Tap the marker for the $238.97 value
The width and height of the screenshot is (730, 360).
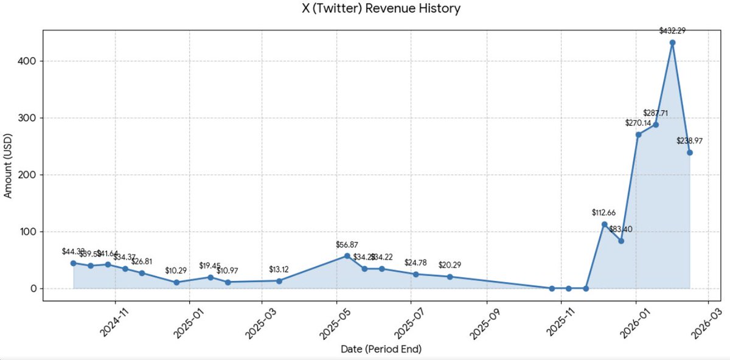689,153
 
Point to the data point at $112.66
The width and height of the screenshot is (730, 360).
604,224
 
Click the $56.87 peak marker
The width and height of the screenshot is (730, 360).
347,256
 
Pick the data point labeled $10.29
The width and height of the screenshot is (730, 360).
176,282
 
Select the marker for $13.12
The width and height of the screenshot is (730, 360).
279,281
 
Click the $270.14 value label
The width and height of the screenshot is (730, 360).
638,123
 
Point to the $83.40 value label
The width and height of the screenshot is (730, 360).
621,229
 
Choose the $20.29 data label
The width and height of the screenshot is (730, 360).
450,265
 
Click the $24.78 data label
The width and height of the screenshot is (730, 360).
416,263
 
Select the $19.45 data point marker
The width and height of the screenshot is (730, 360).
210,277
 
